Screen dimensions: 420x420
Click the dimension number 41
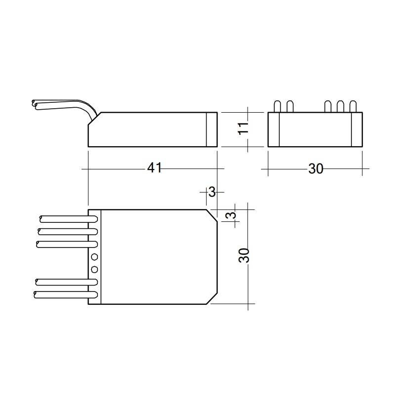tap(154, 168)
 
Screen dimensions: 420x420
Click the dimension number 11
tap(243, 129)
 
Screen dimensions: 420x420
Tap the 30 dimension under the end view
tap(315, 169)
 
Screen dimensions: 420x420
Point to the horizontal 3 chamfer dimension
tap(212, 192)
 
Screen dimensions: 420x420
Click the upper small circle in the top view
tap(94, 257)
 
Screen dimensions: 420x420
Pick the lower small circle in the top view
tap(94, 269)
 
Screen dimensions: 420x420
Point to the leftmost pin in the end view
tap(278, 106)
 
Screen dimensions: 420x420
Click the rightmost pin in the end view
tap(353, 106)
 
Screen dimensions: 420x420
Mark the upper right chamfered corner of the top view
tap(212, 214)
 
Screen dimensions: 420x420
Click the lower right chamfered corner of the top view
tap(212, 298)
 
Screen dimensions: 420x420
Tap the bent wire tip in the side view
tap(35, 103)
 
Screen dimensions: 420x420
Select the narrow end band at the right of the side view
tap(211, 129)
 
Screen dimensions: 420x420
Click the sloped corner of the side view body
tap(94, 118)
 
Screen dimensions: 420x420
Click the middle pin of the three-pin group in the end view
tap(340, 106)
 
